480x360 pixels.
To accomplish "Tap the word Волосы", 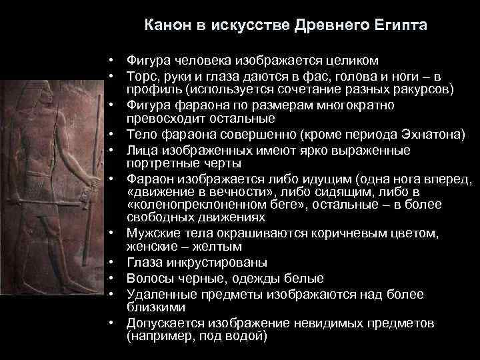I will click(147, 278).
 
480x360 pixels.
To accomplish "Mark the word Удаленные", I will click(158, 293).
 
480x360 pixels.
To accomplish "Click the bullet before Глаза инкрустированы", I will click(115, 263).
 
